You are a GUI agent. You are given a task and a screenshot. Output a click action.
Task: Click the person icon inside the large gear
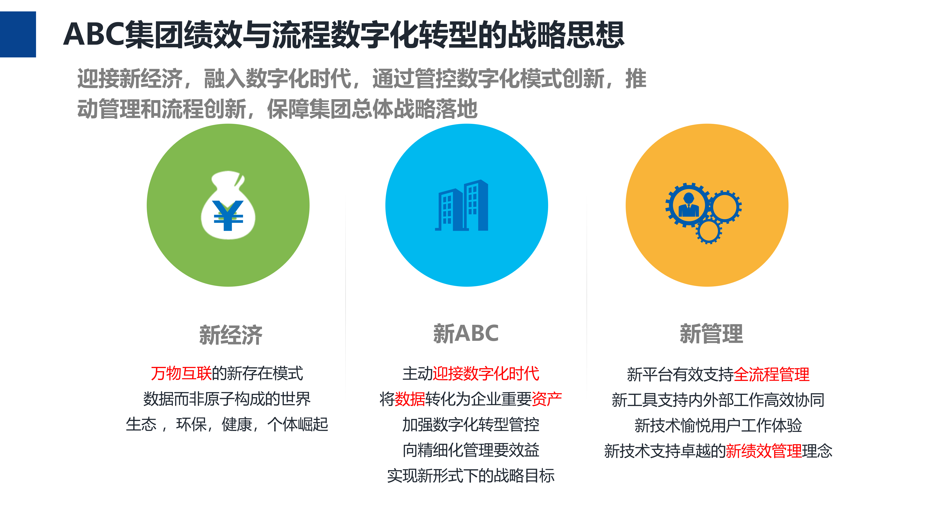(x=688, y=206)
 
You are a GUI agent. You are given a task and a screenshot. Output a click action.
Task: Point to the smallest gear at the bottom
(x=709, y=231)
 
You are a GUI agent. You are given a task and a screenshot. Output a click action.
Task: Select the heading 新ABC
(x=466, y=333)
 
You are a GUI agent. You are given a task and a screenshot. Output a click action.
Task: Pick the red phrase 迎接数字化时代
(x=486, y=373)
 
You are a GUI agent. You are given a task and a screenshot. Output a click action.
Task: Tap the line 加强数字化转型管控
(x=470, y=424)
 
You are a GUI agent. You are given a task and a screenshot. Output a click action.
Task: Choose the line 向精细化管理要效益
(x=470, y=450)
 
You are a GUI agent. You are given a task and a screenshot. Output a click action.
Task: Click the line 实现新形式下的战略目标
(x=470, y=476)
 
